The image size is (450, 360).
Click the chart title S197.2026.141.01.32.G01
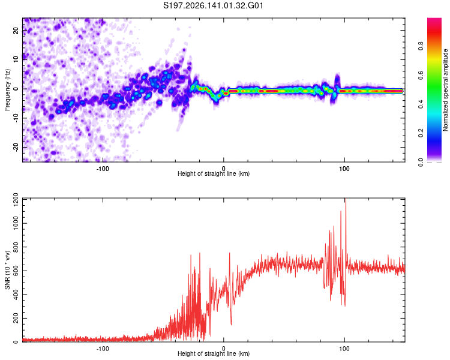pos(213,5)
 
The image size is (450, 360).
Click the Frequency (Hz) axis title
pos(7,90)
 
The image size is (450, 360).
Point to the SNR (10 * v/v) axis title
pos(7,270)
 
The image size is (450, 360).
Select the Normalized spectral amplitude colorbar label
pos(445,90)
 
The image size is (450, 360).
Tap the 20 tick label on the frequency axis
pos(16,30)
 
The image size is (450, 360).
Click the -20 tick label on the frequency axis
pos(16,148)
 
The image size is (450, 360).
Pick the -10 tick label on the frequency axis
pos(16,118)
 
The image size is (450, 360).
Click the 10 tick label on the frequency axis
pos(16,59)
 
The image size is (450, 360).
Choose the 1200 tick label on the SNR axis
pos(16,200)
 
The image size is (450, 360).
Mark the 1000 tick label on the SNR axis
pos(16,223)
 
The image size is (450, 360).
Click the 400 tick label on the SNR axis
pos(16,295)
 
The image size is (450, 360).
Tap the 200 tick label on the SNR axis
pos(16,318)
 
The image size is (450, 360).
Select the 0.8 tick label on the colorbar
pos(421,46)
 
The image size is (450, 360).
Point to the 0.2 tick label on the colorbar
pos(421,133)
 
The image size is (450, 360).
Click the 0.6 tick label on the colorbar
pos(421,75)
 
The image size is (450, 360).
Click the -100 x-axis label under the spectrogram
pos(103,169)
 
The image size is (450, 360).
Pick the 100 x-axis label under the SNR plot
pos(344,349)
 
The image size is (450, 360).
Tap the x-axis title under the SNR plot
pos(214,353)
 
